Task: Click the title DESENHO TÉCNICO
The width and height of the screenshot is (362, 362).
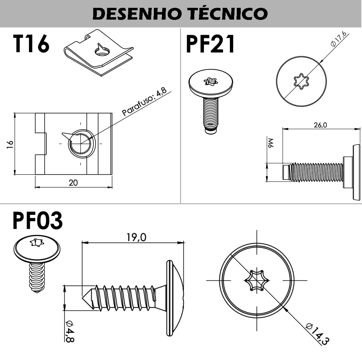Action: pyautogui.click(x=180, y=14)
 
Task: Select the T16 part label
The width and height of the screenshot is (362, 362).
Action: pyautogui.click(x=31, y=44)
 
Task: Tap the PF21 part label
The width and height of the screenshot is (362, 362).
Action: pyautogui.click(x=210, y=44)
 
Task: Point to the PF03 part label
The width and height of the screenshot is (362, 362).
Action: pyautogui.click(x=38, y=221)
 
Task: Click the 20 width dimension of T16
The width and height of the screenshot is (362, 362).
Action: pyautogui.click(x=73, y=183)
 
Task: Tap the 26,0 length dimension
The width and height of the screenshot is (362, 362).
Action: pyautogui.click(x=320, y=125)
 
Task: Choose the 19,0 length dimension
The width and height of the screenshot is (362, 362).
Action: pyautogui.click(x=136, y=237)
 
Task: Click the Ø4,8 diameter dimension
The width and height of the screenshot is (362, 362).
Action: pyautogui.click(x=70, y=331)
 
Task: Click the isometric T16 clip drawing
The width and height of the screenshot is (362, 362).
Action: pyautogui.click(x=98, y=53)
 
